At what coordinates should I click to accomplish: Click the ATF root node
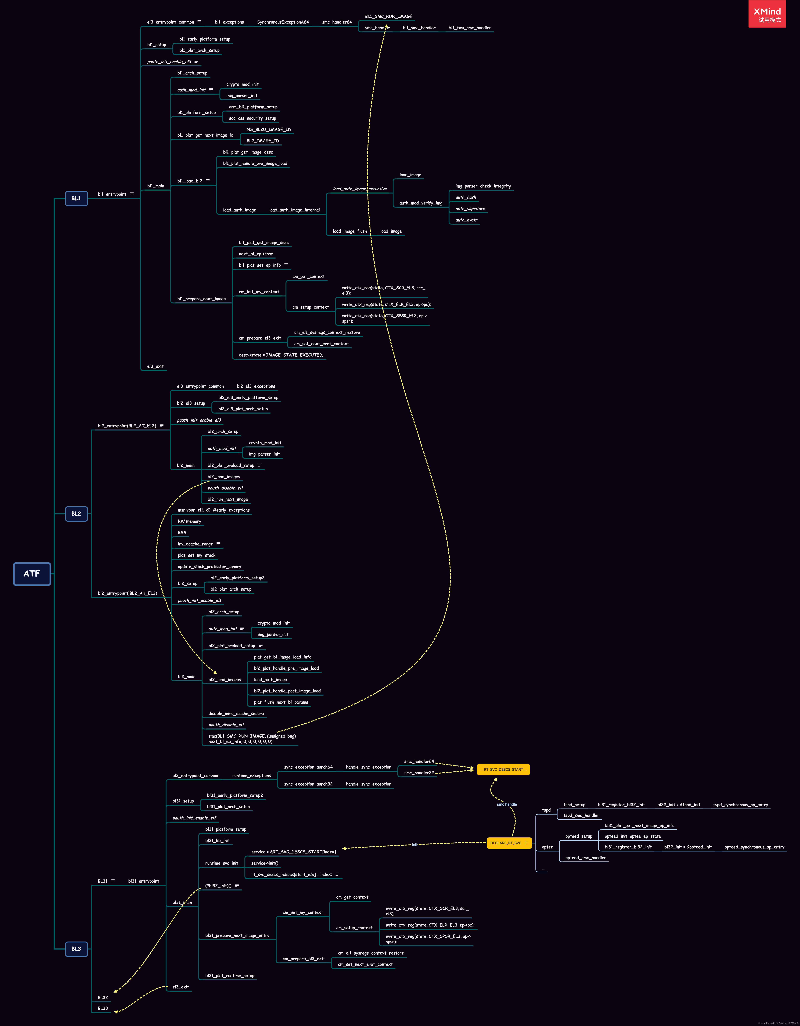[x=32, y=574]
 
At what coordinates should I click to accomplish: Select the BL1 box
[x=76, y=198]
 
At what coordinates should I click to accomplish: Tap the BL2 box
[x=76, y=514]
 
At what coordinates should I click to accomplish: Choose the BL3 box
[x=76, y=948]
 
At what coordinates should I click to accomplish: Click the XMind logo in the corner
[x=767, y=14]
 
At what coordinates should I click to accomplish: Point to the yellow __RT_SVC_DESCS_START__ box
[x=503, y=770]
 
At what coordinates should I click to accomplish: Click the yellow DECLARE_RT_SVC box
[x=509, y=843]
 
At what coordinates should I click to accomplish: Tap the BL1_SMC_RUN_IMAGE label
[x=388, y=17]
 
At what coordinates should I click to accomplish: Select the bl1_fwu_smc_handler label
[x=470, y=28]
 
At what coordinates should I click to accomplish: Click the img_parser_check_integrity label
[x=483, y=186]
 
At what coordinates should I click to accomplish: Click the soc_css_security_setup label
[x=252, y=118]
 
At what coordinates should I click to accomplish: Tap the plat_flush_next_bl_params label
[x=281, y=702]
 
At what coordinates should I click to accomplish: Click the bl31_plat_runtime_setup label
[x=230, y=976]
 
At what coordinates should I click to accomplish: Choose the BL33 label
[x=103, y=1008]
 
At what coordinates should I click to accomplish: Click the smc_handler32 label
[x=419, y=773]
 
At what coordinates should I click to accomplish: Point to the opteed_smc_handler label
[x=585, y=858]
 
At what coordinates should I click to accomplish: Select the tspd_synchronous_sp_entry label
[x=740, y=805]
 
